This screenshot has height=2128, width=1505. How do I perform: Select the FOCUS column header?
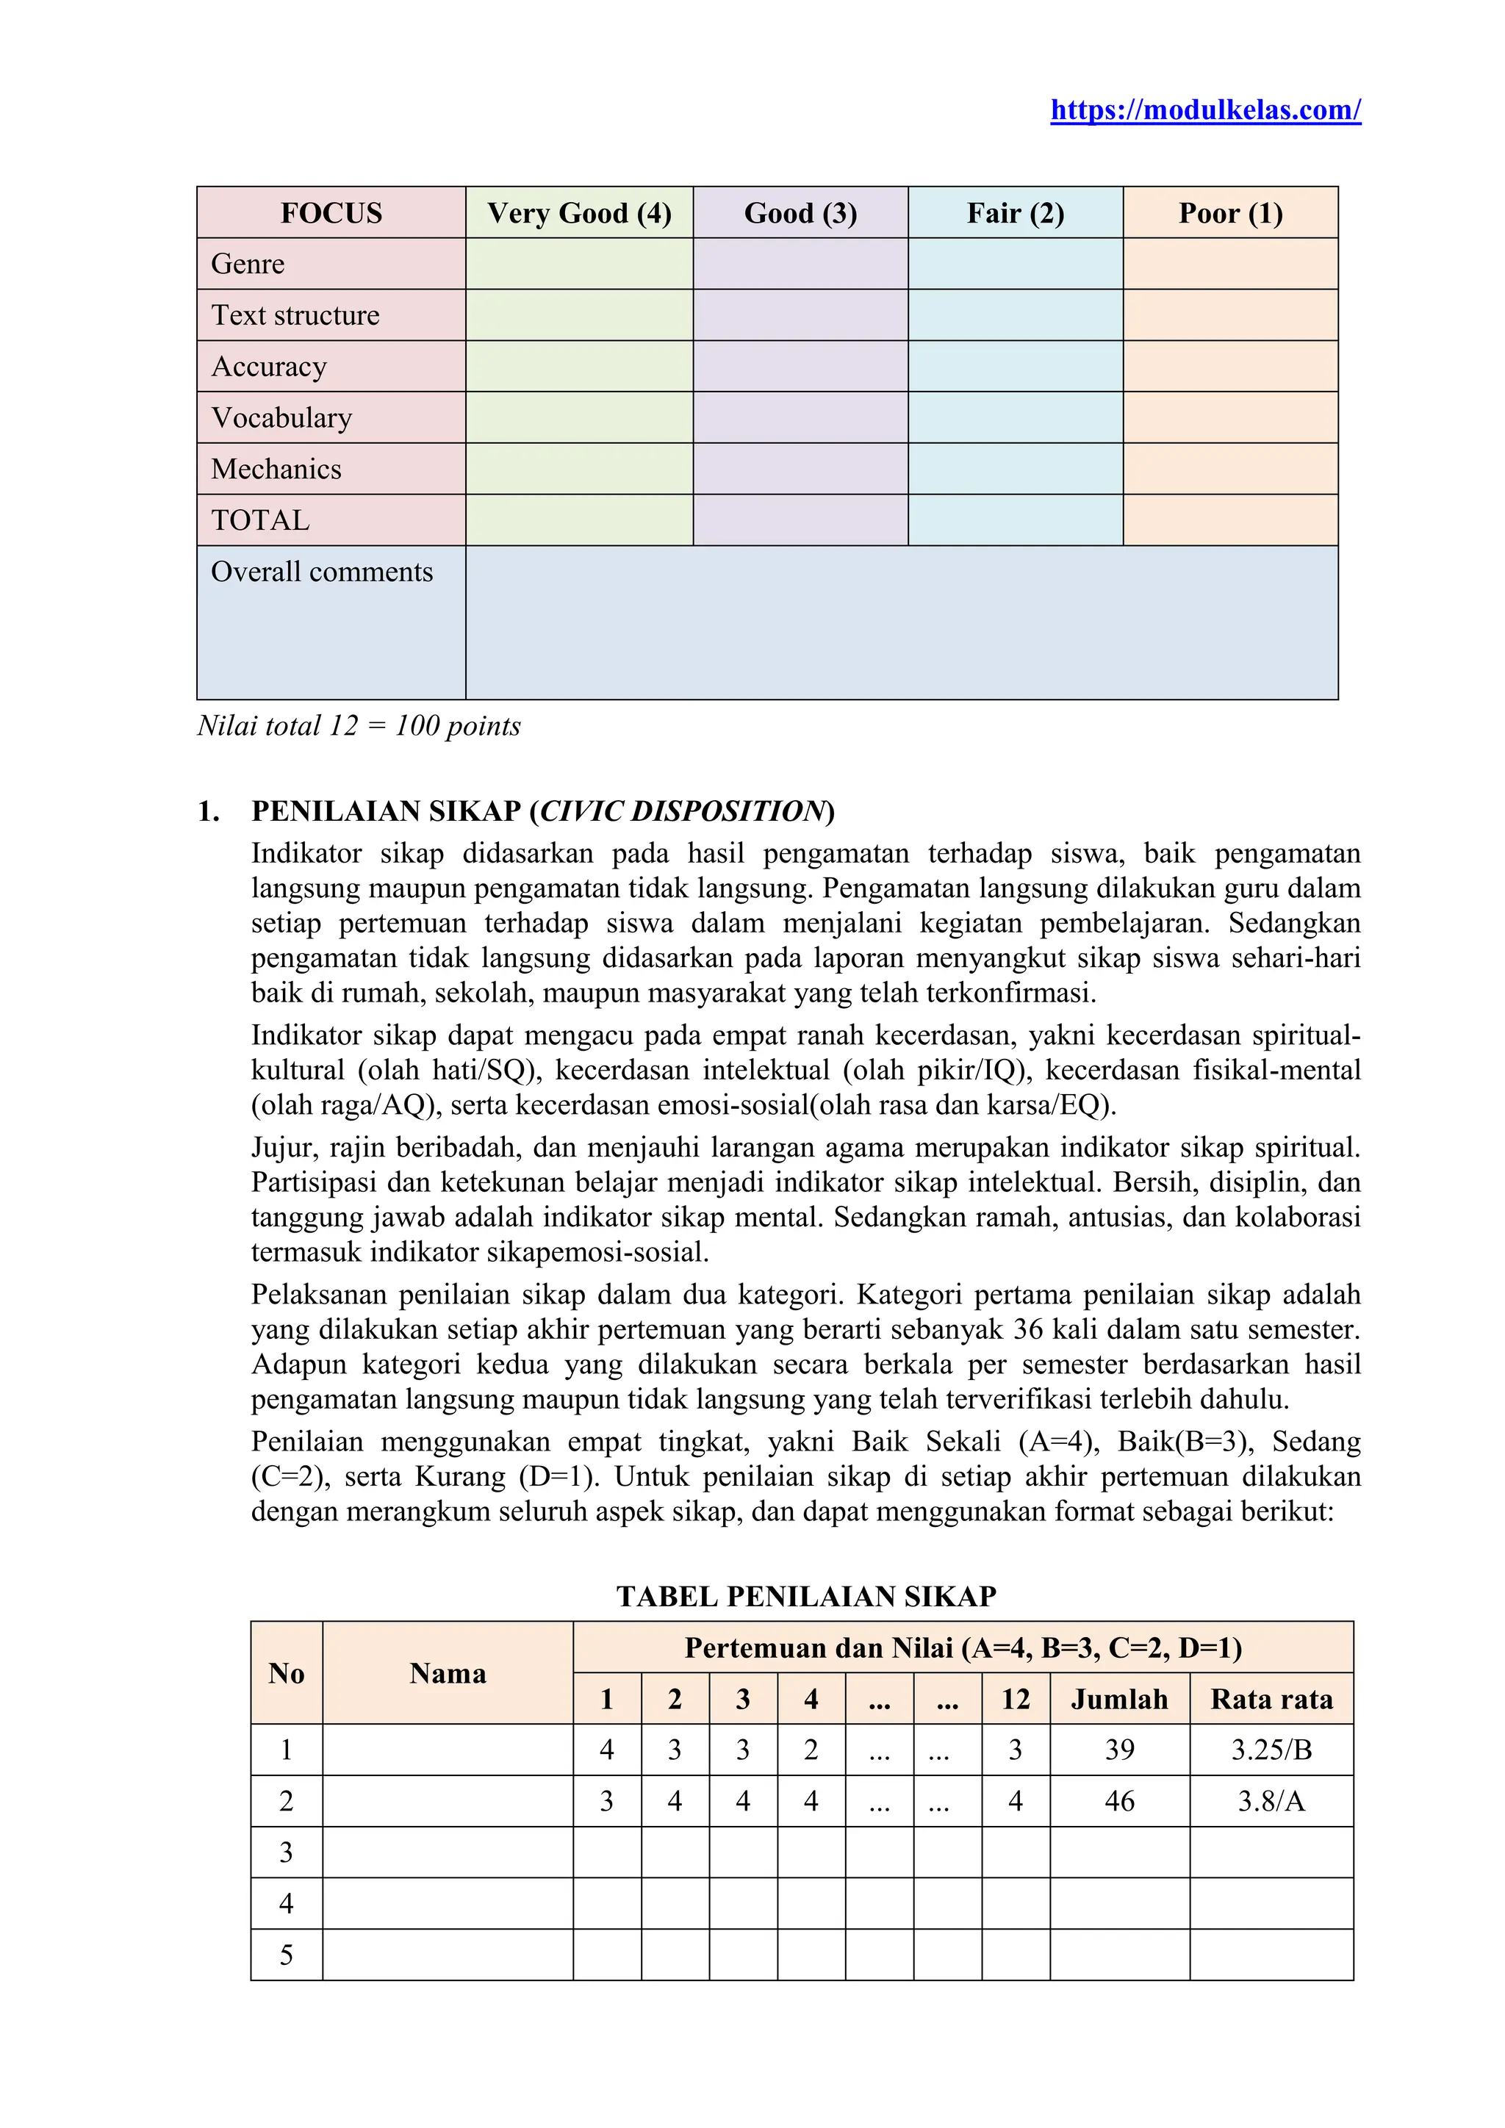click(x=331, y=213)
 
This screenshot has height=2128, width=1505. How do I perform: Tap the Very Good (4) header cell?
click(x=579, y=213)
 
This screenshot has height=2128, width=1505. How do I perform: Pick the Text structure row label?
click(x=295, y=315)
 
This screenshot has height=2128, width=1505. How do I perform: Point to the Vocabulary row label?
click(x=281, y=418)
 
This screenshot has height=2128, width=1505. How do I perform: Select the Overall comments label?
click(x=322, y=572)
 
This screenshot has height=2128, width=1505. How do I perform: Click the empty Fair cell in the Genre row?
click(x=1015, y=264)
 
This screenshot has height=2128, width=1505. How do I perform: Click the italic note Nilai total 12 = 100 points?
click(x=359, y=726)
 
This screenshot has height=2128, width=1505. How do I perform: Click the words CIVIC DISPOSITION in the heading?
click(x=681, y=811)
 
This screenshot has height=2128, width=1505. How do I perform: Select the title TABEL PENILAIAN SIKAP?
click(x=805, y=1596)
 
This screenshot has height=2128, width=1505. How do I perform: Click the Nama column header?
click(x=448, y=1673)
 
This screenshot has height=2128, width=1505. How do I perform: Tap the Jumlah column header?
click(x=1118, y=1699)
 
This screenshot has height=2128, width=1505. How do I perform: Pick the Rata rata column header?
click(x=1271, y=1699)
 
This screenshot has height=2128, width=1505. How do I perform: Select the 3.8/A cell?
click(x=1271, y=1801)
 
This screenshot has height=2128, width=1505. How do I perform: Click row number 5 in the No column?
click(x=287, y=1955)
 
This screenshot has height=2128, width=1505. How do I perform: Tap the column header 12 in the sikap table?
click(x=1015, y=1699)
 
